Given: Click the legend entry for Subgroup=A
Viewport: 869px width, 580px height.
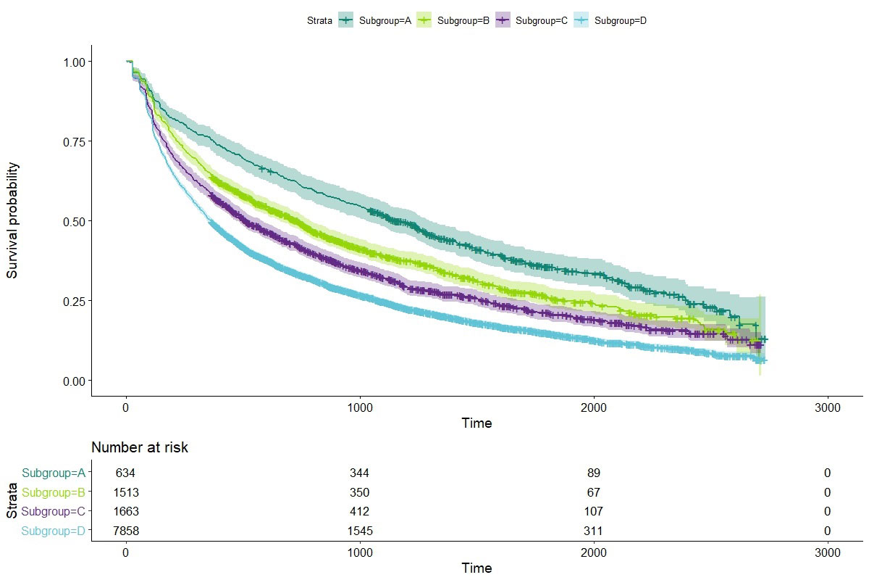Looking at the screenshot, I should (x=385, y=21).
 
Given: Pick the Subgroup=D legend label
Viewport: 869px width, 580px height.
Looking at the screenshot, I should (x=620, y=21).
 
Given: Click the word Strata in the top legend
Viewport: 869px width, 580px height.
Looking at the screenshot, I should (x=319, y=21).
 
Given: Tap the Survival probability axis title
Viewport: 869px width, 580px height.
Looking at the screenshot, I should (x=13, y=220).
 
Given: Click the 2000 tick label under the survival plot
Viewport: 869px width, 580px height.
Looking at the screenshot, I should (x=594, y=407).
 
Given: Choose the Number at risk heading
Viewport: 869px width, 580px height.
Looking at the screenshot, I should (x=140, y=448).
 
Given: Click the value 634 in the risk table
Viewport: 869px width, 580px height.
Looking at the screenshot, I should (x=126, y=473).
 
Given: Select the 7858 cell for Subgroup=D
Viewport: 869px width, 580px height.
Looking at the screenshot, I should (x=126, y=531).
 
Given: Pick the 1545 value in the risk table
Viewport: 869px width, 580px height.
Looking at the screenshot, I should (x=360, y=531).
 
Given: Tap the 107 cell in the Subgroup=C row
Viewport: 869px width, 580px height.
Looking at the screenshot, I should (x=594, y=512).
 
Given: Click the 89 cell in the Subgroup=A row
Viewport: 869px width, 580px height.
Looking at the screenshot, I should (x=594, y=473).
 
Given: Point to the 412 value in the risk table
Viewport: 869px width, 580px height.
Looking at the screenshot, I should (x=360, y=512).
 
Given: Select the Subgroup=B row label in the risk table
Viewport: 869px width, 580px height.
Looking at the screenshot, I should (x=54, y=493).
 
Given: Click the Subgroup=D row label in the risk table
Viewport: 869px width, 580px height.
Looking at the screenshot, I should (x=54, y=531).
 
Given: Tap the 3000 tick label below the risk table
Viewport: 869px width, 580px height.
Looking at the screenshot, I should (x=828, y=553).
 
